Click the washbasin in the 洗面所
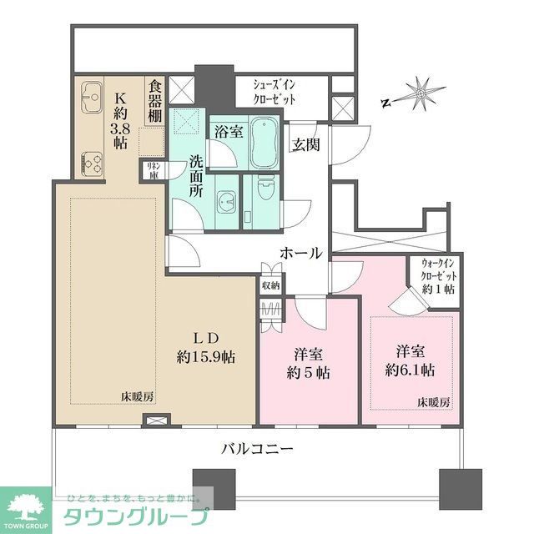[226, 202]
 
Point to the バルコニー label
[257, 449]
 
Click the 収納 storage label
[271, 285]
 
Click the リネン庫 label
[154, 171]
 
